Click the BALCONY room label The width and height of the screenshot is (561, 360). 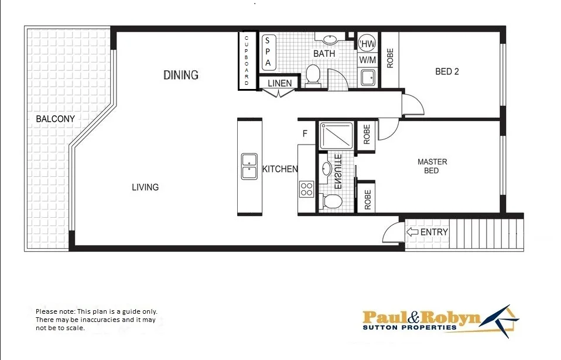pos(55,119)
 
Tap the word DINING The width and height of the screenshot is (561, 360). pos(180,75)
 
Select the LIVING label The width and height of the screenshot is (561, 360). pos(145,187)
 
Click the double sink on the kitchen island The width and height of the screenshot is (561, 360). pos(249,166)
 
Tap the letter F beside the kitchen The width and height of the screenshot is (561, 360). pos(305,133)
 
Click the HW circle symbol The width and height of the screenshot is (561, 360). pos(368,44)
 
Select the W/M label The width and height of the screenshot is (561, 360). pos(368,60)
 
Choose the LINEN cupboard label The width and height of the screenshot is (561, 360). pos(279,84)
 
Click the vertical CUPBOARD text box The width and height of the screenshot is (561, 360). pos(247,60)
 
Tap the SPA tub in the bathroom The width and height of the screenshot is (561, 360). pos(268,52)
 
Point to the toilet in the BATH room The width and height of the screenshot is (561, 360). pos(313,75)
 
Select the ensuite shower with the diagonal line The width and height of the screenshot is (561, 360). pos(336,135)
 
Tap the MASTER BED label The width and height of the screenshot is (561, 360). pos(432,166)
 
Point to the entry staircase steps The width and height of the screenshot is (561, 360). pos(486,232)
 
